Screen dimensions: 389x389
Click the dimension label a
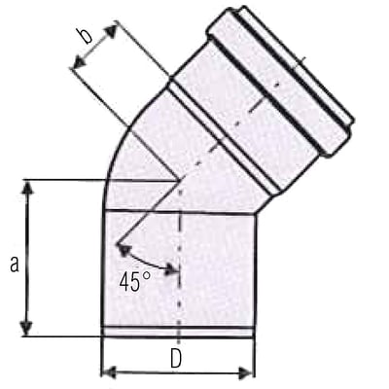click(14, 263)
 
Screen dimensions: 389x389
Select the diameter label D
click(176, 358)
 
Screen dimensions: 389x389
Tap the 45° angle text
click(134, 283)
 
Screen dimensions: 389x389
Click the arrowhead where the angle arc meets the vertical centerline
click(172, 270)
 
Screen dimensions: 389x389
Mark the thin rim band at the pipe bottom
click(178, 333)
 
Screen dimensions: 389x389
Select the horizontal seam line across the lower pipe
click(178, 211)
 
